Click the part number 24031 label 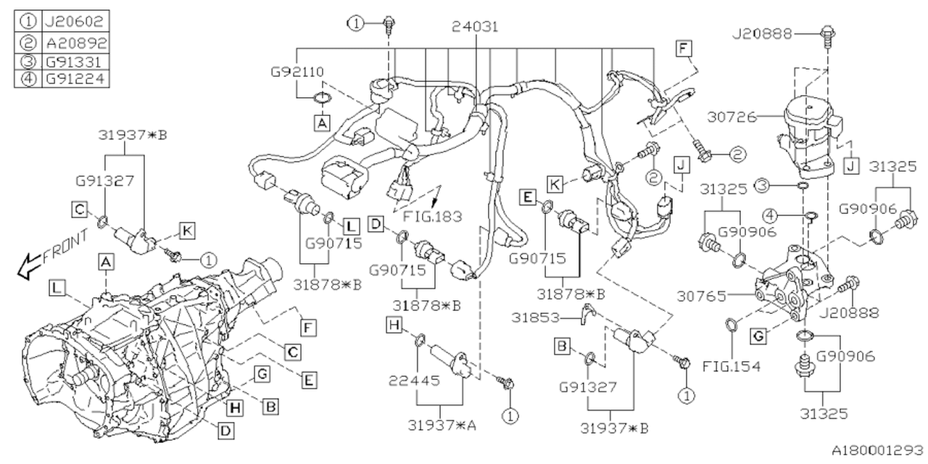click(476, 26)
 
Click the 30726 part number click(733, 116)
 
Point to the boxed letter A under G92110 click(321, 124)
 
